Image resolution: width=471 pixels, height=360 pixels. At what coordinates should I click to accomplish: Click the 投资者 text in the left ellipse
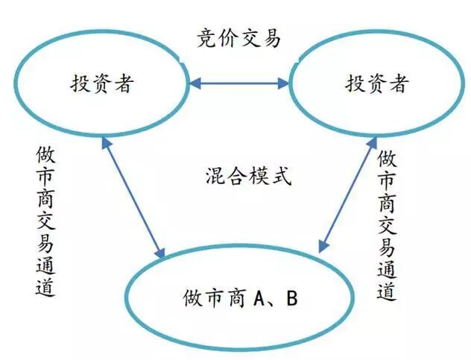[102, 83]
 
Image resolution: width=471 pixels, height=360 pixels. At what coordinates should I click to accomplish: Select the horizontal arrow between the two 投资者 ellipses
[238, 83]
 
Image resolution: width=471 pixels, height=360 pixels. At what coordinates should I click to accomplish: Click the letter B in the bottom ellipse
[293, 299]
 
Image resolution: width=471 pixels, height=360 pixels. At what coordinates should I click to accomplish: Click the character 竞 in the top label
[206, 38]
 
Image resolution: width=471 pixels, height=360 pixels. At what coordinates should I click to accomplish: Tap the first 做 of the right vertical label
[386, 159]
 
